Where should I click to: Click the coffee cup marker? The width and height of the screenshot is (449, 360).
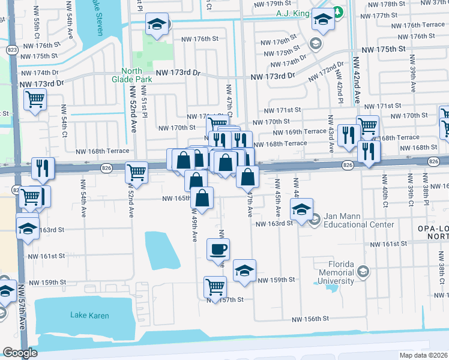click(x=218, y=248)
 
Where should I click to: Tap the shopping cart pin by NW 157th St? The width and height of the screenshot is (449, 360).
click(x=215, y=286)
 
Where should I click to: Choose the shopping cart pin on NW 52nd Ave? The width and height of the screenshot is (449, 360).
click(x=137, y=172)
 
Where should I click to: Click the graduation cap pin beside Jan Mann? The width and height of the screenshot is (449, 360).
click(x=301, y=209)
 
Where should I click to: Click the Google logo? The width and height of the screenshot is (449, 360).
click(x=20, y=353)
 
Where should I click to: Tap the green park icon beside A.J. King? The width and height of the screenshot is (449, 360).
click(x=338, y=13)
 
